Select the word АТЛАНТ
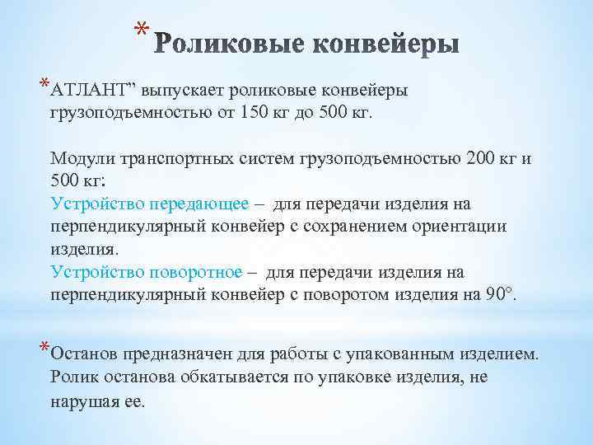point(91,90)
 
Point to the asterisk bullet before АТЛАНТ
point(44,84)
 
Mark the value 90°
point(499,295)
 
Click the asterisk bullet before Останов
point(44,349)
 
